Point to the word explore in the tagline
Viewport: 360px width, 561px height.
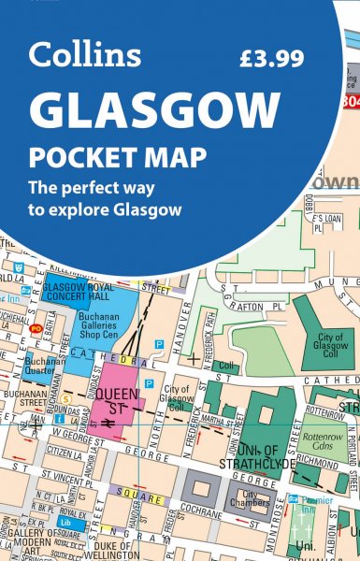coord(124,208)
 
